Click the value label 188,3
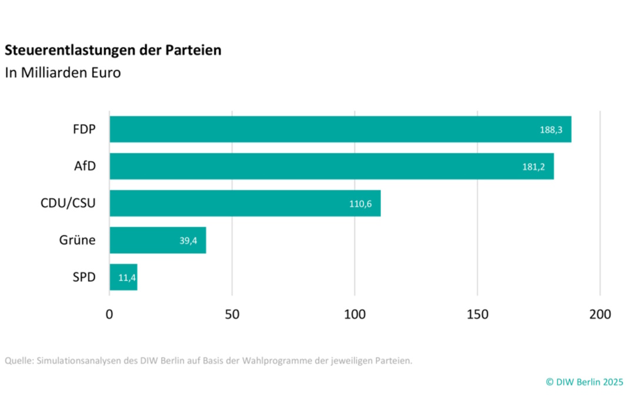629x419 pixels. pyautogui.click(x=551, y=130)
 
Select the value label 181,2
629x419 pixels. pyautogui.click(x=533, y=167)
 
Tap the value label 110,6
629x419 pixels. pyautogui.click(x=360, y=204)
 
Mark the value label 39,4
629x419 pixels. pyautogui.click(x=188, y=241)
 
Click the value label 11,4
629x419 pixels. pyautogui.click(x=127, y=278)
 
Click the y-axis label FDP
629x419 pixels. pyautogui.click(x=83, y=129)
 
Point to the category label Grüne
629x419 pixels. pyautogui.click(x=77, y=240)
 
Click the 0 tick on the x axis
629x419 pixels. pyautogui.click(x=109, y=314)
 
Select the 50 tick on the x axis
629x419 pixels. pyautogui.click(x=232, y=314)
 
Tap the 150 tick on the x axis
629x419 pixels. pyautogui.click(x=477, y=314)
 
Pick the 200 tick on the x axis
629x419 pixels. pyautogui.click(x=600, y=314)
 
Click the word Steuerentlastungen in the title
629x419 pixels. pyautogui.click(x=62, y=51)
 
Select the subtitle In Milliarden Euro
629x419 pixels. pyautogui.click(x=63, y=73)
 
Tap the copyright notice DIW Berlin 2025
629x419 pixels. pyautogui.click(x=584, y=382)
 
